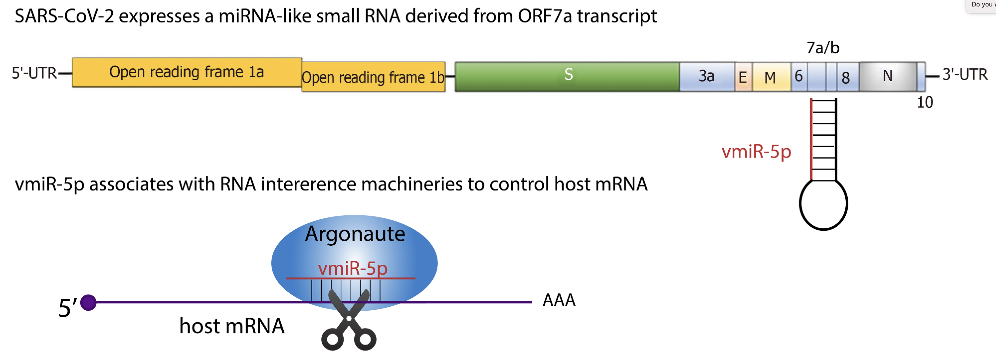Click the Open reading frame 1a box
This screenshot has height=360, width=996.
coord(187,72)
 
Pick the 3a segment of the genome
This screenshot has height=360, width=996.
coord(706,76)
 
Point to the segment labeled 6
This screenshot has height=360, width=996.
coord(798,76)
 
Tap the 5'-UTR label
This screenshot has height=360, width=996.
coord(34,73)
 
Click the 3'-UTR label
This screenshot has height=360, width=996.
coord(965,74)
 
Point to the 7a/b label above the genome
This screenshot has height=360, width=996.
coord(823,48)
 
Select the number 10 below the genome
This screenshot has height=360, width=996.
coord(925,102)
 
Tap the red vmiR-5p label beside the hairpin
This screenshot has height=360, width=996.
coord(756,152)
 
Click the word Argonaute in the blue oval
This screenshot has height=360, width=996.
coord(355,234)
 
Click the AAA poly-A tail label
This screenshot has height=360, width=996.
coord(559,300)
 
